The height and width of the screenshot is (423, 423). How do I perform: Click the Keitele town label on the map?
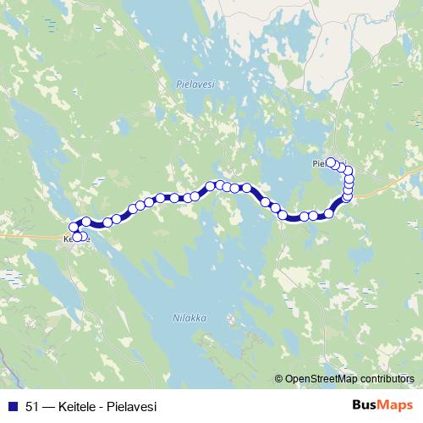(76, 239)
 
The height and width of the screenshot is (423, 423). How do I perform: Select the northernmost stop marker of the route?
(331, 162)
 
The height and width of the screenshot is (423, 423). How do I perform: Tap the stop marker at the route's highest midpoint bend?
(219, 184)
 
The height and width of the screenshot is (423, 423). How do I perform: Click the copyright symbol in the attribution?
(279, 379)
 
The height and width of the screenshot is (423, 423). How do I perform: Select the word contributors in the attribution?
(386, 379)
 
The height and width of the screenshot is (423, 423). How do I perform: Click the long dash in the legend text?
(50, 406)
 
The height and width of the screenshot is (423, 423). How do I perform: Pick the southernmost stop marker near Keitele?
(79, 238)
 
